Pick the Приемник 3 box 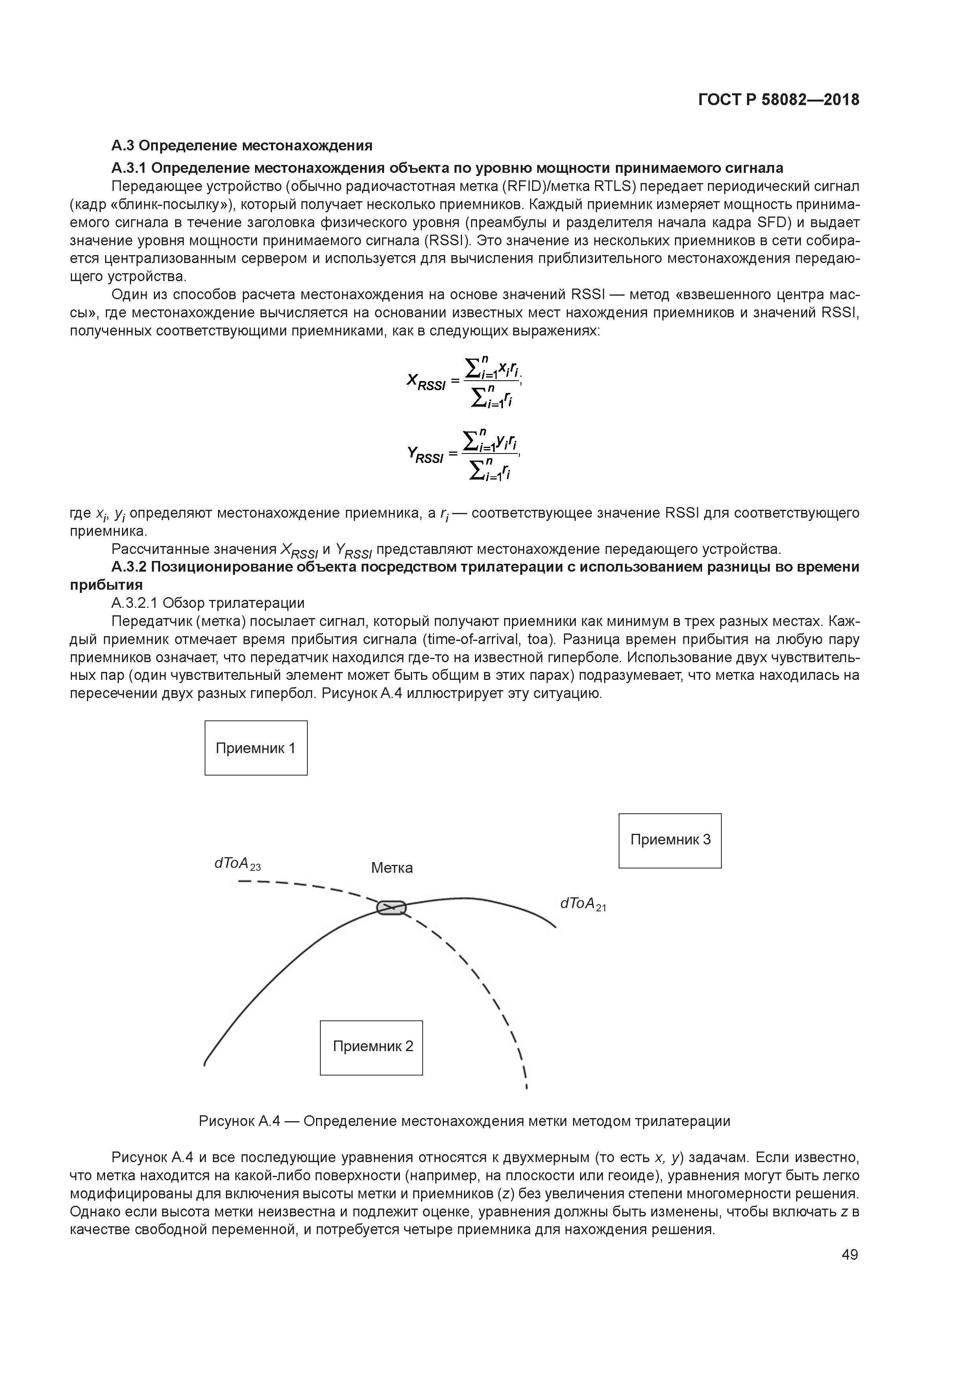click(x=670, y=840)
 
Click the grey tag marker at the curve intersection click(x=392, y=908)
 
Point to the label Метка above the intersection click(x=392, y=868)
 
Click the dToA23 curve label click(x=237, y=865)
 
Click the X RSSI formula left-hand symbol click(x=425, y=382)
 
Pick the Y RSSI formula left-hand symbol click(x=425, y=455)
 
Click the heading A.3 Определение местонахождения click(x=242, y=146)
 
